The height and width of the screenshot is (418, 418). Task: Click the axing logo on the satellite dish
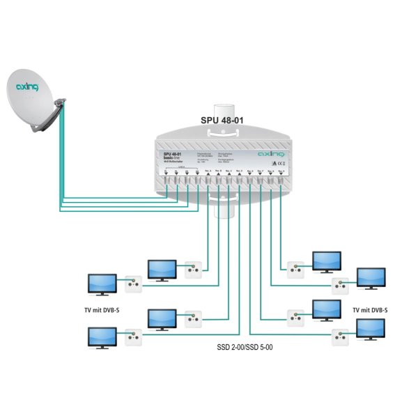coord(27,88)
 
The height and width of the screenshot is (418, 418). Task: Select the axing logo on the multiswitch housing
coord(270,155)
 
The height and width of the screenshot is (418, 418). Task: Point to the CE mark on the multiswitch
coord(277,164)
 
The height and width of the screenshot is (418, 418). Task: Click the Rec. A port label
coord(208,171)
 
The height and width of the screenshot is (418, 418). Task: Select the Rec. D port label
coord(239,171)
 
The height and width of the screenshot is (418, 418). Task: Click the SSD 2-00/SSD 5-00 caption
coord(240,346)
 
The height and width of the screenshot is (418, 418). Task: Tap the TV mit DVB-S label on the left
coord(102,309)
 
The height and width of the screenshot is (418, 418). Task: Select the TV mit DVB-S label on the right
coord(370,309)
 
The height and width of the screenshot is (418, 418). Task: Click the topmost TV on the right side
coord(325,261)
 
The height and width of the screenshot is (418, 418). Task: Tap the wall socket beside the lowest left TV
coord(133,338)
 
